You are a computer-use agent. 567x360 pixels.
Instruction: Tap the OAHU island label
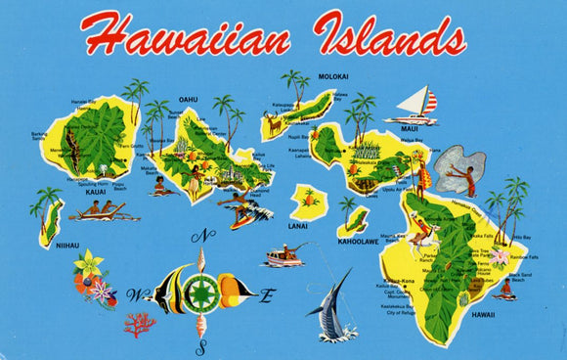click(x=188, y=100)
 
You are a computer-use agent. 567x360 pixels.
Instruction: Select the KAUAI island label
click(x=96, y=192)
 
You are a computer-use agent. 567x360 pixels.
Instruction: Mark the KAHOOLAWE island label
click(x=357, y=241)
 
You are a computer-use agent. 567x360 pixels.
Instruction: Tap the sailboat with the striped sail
click(x=417, y=106)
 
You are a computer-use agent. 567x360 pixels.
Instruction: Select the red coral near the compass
click(x=138, y=323)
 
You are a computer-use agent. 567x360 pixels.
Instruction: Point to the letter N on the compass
click(x=202, y=236)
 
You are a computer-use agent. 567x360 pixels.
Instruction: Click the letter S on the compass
click(x=201, y=346)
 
